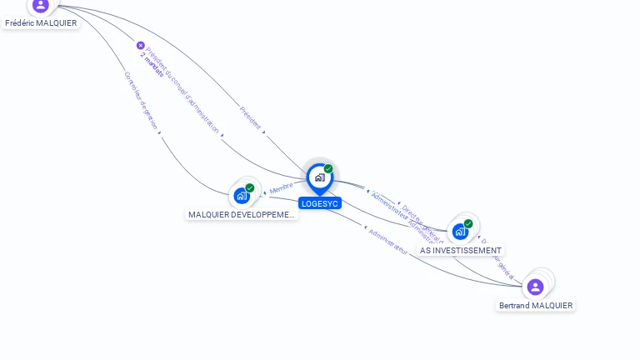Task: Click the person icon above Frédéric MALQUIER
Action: pos(41,5)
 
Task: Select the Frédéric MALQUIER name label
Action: pos(41,23)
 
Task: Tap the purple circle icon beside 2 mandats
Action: pos(140,46)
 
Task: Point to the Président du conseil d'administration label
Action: pos(184,92)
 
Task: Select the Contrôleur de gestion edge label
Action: pos(141,100)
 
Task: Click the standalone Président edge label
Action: pos(250,117)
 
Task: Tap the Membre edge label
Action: pos(282,187)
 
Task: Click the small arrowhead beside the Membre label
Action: pos(266,192)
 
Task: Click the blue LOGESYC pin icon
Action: pos(319,177)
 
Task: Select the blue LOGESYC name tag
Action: pos(320,203)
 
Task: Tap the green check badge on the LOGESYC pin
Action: pos(328,169)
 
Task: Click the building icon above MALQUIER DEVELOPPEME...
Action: pos(242,196)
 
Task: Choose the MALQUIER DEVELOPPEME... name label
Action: pos(242,215)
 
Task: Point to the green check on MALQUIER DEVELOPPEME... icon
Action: pos(249,188)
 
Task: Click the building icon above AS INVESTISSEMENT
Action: pos(460,231)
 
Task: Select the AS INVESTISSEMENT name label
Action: pos(461,250)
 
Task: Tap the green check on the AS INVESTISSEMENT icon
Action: pos(468,223)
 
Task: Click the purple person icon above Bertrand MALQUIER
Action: pos(536,287)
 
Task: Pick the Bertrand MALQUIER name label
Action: pos(536,306)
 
